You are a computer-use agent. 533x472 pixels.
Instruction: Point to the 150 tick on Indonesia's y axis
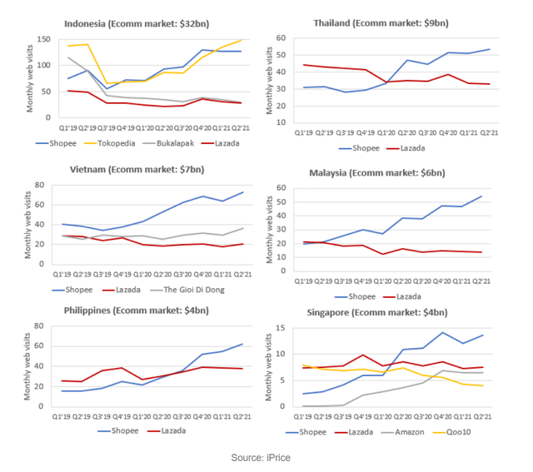[x=42, y=39]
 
